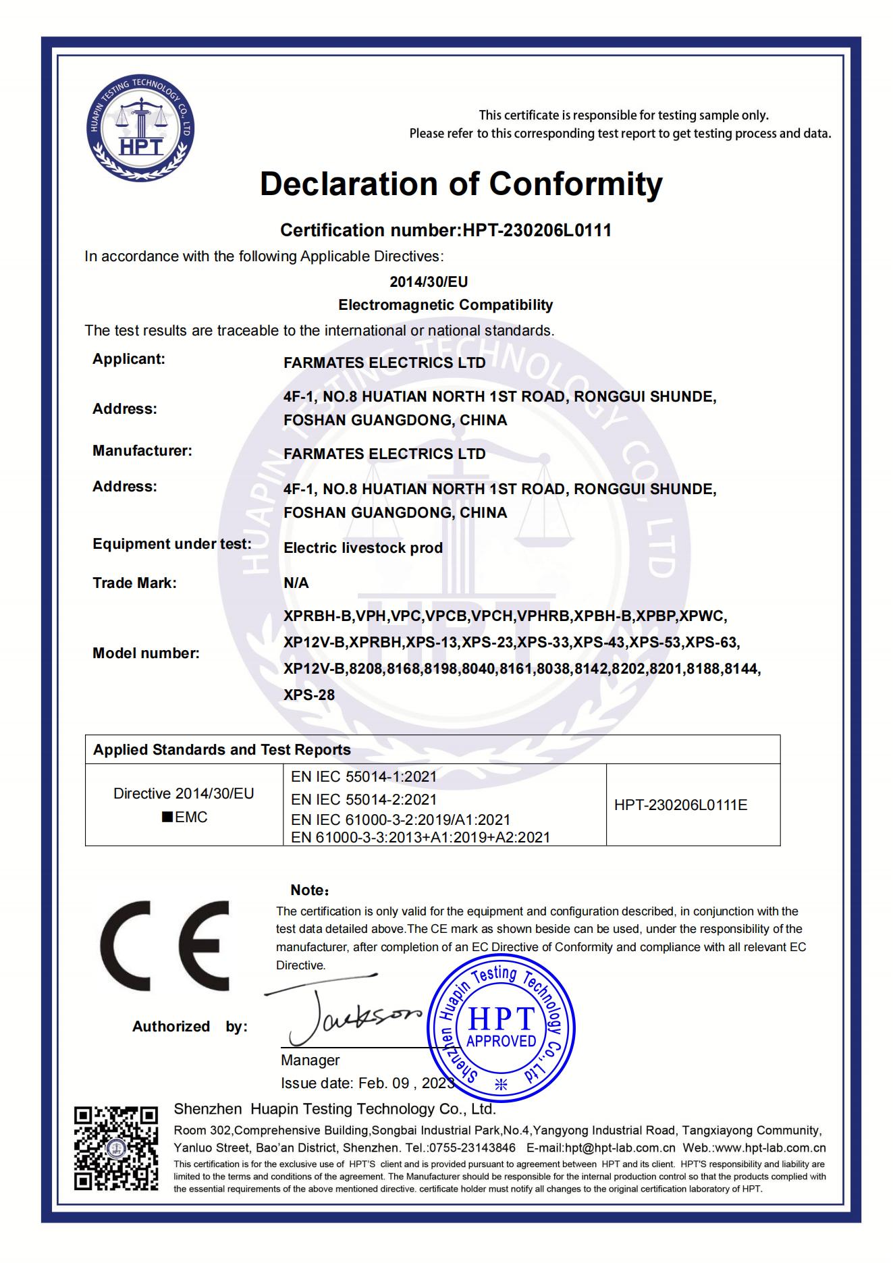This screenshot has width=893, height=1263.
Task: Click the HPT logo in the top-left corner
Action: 141,128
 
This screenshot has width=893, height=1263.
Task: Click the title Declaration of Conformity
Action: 461,184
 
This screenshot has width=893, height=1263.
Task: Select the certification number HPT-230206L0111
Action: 537,230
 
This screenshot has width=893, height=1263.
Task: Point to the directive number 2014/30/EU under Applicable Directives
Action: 429,281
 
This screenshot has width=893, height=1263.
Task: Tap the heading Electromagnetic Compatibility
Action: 445,305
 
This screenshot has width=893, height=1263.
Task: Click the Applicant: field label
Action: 129,359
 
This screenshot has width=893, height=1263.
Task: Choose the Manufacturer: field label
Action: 142,451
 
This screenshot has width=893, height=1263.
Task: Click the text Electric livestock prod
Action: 363,548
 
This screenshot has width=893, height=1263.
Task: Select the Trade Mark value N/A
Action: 296,583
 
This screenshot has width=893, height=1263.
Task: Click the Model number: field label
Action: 146,653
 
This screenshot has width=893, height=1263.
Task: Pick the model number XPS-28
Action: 309,695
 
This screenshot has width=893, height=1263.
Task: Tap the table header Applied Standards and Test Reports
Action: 222,750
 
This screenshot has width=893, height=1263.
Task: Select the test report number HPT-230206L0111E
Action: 680,805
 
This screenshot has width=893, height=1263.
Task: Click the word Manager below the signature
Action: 310,1060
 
